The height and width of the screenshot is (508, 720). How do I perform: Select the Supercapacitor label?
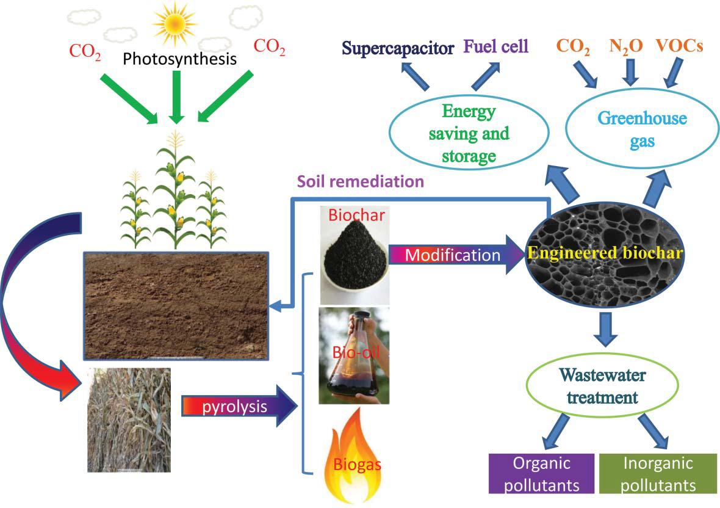point(397,48)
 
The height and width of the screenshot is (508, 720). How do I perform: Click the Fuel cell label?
point(495,46)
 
